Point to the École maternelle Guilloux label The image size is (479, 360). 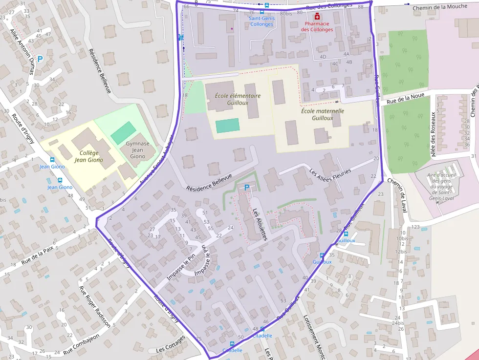(x=322, y=114)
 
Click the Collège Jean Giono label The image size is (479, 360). (x=88, y=156)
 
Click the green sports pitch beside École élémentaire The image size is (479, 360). (x=227, y=126)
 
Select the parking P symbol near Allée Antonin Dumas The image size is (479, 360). (x=40, y=59)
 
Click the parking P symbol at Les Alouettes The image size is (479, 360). (x=247, y=187)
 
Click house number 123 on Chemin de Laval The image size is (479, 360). (x=415, y=227)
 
